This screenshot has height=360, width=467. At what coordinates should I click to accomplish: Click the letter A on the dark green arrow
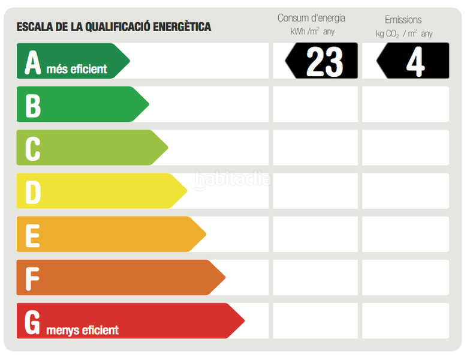pyautogui.click(x=32, y=62)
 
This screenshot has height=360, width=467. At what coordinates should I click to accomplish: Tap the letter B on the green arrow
pyautogui.click(x=32, y=105)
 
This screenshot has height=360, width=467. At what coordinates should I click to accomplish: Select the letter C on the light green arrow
pyautogui.click(x=32, y=149)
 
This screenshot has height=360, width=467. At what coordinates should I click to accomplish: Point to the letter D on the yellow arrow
pyautogui.click(x=32, y=192)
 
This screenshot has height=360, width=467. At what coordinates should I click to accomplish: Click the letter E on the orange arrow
pyautogui.click(x=32, y=235)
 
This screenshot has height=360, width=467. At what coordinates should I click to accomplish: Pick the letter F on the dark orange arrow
pyautogui.click(x=32, y=278)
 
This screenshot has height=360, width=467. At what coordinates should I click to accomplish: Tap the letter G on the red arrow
pyautogui.click(x=32, y=322)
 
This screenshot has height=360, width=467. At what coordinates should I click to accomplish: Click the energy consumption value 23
pyautogui.click(x=324, y=61)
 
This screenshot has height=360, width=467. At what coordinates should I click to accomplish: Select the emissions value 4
pyautogui.click(x=415, y=61)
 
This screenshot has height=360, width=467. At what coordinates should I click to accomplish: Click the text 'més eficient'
pyautogui.click(x=77, y=69)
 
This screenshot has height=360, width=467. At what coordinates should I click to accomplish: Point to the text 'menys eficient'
pyautogui.click(x=82, y=330)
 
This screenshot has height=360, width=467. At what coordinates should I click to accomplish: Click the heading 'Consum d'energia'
pyautogui.click(x=311, y=18)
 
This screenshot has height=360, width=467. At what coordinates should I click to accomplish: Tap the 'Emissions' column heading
pyautogui.click(x=403, y=20)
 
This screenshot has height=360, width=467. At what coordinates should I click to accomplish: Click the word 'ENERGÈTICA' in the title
pyautogui.click(x=182, y=27)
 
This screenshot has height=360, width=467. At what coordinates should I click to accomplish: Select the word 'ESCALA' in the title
pyautogui.click(x=34, y=27)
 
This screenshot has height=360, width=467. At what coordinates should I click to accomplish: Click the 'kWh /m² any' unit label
pyautogui.click(x=312, y=32)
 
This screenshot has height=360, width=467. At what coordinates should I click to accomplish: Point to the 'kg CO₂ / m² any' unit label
pyautogui.click(x=403, y=34)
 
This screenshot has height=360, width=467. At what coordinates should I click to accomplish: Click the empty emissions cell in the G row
pyautogui.click(x=405, y=320)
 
